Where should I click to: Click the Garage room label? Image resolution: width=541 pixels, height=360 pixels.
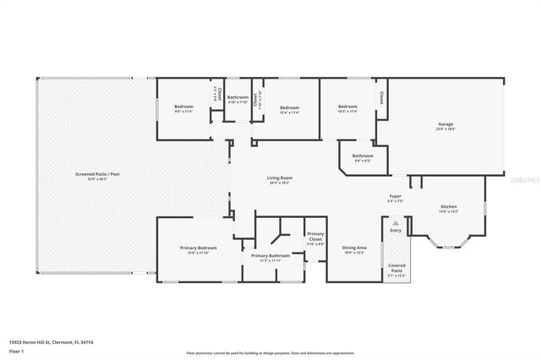coord(445,126)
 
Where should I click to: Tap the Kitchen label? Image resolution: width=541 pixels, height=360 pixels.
coord(448,206)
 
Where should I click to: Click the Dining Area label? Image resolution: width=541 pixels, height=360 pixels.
coord(353,248)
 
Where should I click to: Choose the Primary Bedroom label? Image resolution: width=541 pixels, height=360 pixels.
coord(198,248)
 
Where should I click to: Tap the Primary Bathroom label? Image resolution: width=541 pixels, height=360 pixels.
coord(270,255)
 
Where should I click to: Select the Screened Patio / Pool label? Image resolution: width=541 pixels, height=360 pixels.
coord(97,175)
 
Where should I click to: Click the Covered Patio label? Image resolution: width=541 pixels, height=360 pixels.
coord(396,266)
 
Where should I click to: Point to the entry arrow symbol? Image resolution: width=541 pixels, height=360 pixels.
coord(396,222)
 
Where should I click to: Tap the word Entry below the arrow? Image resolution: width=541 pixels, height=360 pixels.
coord(396,230)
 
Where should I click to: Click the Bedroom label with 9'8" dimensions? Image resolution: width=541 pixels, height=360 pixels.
coord(184,106)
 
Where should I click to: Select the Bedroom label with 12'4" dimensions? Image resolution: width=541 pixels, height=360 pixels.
coord(290,107)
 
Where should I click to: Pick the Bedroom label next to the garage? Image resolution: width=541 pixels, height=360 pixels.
coord(348,107)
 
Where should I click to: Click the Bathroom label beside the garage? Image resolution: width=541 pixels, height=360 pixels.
coord(363,155)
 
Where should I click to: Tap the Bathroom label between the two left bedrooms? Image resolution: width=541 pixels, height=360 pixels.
coord(238,97)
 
